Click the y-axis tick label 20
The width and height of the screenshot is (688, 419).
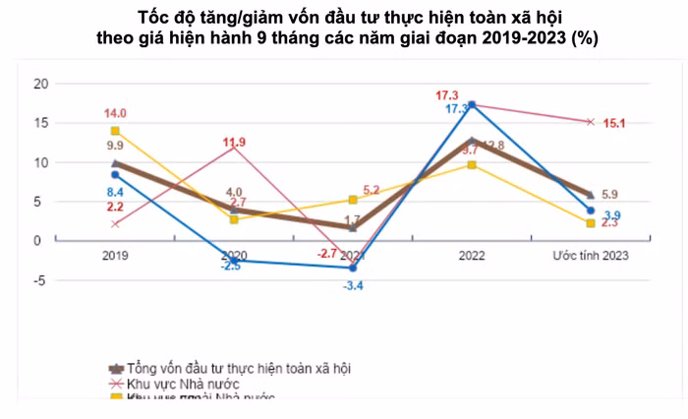pos(39,84)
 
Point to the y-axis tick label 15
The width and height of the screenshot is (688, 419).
pos(39,123)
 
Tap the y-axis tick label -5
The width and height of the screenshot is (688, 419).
pos(39,279)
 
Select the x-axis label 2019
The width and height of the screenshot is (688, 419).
pos(116,255)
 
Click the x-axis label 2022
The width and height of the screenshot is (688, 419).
pos(472,255)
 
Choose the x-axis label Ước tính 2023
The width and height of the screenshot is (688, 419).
pos(591,255)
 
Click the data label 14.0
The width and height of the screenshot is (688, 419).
pos(116,113)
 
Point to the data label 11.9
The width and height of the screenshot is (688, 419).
pos(234,143)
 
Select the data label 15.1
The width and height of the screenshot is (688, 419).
pos(614,124)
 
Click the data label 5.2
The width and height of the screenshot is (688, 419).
pos(372,190)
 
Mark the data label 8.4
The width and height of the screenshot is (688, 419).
pos(115,192)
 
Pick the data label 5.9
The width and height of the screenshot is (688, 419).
pos(609,194)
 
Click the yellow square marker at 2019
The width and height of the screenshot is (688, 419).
pos(116,131)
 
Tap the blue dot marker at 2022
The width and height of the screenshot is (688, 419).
pos(473,105)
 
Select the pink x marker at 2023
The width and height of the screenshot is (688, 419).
pos(591,122)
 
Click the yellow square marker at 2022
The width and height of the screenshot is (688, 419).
pos(473,164)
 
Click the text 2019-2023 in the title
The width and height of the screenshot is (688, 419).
pos(521,37)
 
